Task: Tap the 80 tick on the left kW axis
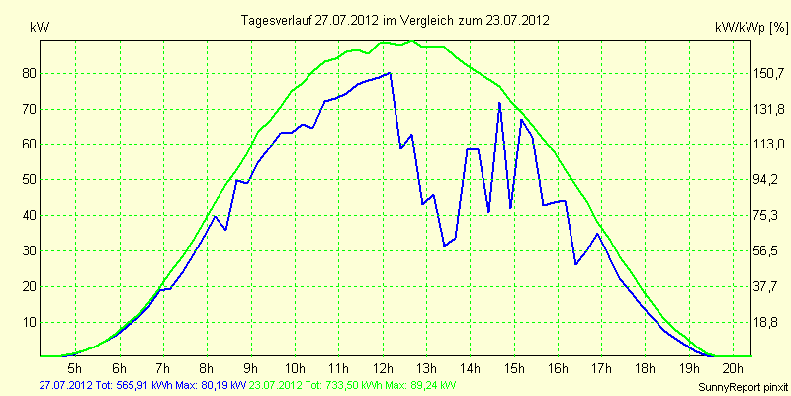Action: point(24,74)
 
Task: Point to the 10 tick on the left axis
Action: point(24,323)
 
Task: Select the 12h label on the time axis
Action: point(383,367)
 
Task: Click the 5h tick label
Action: point(75,367)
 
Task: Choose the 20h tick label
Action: point(734,367)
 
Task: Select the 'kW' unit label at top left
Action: point(40,29)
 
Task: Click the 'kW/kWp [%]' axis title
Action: point(751,29)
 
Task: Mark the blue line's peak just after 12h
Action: point(390,73)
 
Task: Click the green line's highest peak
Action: point(412,41)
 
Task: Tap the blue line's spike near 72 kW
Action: point(499,103)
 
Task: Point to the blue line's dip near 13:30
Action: point(444,246)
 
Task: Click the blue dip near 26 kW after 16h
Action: point(575,264)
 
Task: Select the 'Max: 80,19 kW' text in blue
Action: point(215,386)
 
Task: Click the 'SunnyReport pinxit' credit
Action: point(743,388)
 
